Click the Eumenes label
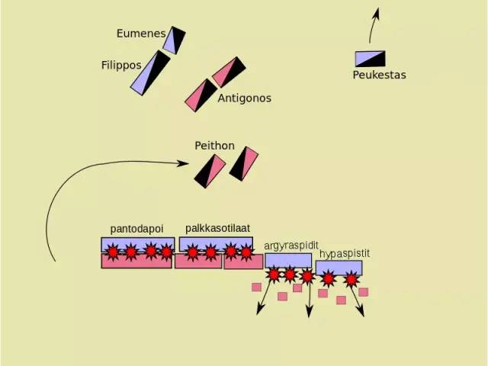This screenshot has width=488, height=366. (141, 34)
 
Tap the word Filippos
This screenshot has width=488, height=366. (121, 66)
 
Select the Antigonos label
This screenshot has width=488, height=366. (244, 98)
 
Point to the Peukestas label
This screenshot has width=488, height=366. (379, 75)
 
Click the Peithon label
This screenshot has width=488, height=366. (214, 146)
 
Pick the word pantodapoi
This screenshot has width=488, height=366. (136, 229)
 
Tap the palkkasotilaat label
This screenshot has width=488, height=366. (217, 228)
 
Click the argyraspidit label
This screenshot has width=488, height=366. (291, 246)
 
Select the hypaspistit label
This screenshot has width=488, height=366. (345, 254)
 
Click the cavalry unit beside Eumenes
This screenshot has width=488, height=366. (174, 40)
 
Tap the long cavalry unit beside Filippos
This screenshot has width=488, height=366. (150, 73)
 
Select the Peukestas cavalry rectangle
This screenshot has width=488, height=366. (371, 59)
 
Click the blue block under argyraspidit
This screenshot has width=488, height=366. (288, 261)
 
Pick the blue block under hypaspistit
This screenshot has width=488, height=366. (339, 268)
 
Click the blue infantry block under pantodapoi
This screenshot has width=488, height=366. (137, 245)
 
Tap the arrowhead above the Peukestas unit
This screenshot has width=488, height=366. (377, 13)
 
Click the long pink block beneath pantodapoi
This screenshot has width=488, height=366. (136, 261)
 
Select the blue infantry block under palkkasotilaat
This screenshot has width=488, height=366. (216, 244)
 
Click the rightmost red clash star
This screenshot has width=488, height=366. (352, 279)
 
